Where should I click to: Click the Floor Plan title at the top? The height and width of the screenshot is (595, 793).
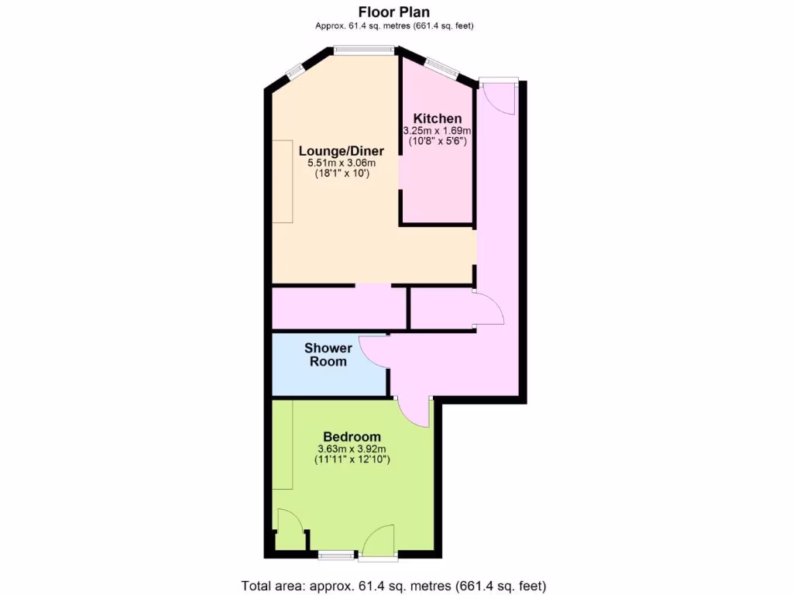pos(394,12)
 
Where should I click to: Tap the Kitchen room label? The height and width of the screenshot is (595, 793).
pos(437,119)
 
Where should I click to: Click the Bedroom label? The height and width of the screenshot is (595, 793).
pos(352,437)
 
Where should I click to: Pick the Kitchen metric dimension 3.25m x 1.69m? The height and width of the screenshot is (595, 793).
pos(437,131)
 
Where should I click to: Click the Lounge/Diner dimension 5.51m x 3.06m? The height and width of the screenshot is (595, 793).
pos(341,163)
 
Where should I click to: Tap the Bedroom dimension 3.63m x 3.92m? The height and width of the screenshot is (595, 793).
pos(352,449)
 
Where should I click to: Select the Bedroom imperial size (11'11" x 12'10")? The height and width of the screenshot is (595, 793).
pos(352,459)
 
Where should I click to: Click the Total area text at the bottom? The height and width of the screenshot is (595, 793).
pos(399,585)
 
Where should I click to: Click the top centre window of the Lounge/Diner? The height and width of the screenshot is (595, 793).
pos(365,51)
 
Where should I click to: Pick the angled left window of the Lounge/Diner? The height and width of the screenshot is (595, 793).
pos(294,71)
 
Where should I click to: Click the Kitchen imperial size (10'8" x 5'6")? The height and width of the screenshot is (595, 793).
pos(437,142)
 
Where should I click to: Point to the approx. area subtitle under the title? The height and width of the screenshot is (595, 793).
pos(394,26)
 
